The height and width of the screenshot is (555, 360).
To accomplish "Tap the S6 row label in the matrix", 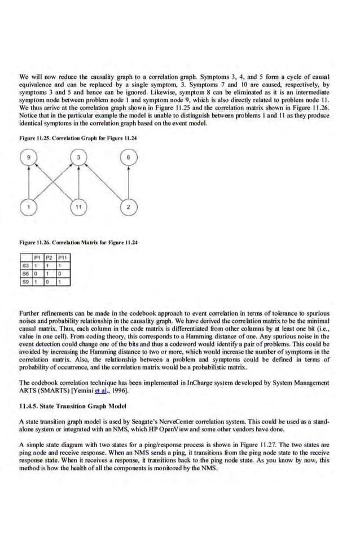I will pyautogui.click(x=25, y=273).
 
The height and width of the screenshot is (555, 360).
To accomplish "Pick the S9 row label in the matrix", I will pyautogui.click(x=25, y=281).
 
